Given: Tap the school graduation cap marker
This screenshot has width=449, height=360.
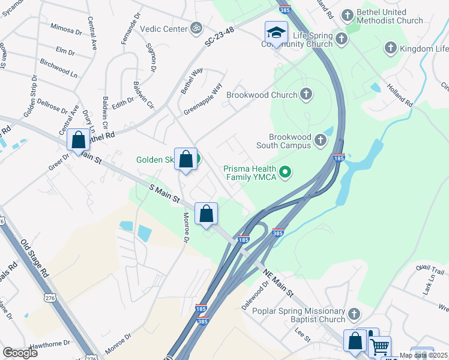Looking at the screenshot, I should (x=276, y=32).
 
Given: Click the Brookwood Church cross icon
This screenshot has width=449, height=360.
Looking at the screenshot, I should (x=306, y=94).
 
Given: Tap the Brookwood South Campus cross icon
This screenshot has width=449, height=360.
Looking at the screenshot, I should (x=320, y=140).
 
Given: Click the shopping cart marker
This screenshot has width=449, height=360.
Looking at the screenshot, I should (x=379, y=346).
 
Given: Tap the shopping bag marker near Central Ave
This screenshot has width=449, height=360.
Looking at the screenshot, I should (x=79, y=140).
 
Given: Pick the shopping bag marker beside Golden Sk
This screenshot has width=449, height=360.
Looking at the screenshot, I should (x=186, y=160).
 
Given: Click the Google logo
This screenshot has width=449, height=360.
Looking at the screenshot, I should (x=20, y=353).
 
